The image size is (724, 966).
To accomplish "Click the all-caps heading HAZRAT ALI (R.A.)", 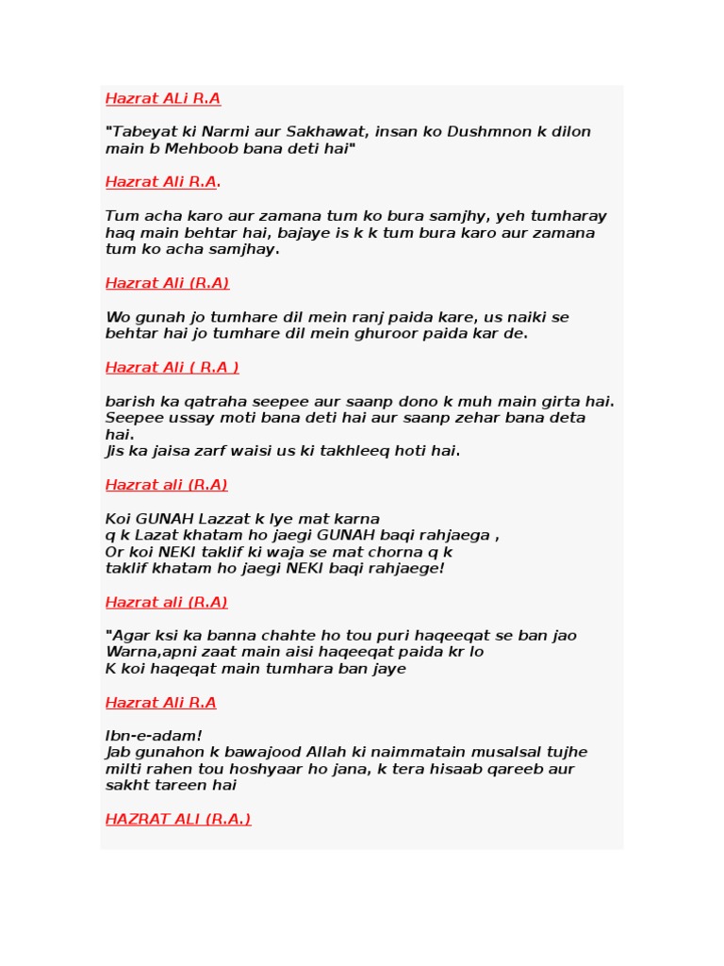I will [x=178, y=819].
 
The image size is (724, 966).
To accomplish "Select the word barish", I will [x=127, y=402].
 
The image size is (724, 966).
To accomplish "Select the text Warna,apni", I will [x=147, y=653].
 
